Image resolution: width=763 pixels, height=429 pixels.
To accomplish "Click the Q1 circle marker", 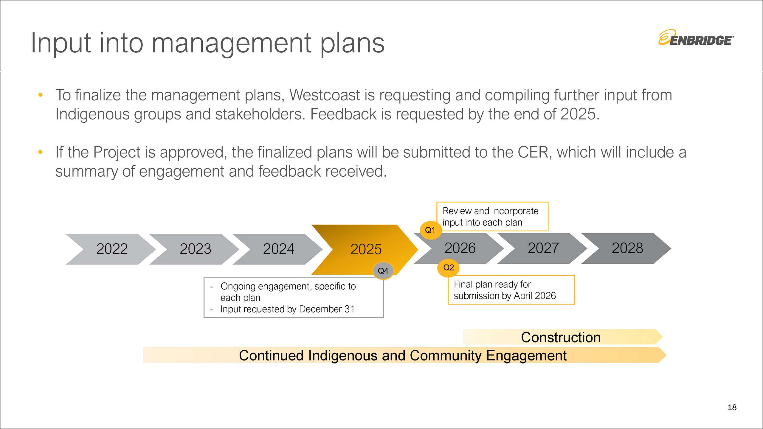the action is (x=430, y=230).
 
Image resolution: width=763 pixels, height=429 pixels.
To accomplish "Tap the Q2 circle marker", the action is (x=449, y=268).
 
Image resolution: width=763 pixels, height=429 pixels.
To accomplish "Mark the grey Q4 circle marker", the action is (x=383, y=271).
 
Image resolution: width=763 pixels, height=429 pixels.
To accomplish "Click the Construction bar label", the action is (x=561, y=337).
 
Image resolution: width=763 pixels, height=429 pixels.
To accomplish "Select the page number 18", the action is (x=732, y=407).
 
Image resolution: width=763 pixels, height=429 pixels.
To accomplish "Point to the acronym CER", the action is (x=533, y=152).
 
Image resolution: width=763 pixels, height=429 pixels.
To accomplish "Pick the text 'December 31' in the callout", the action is (x=327, y=309).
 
